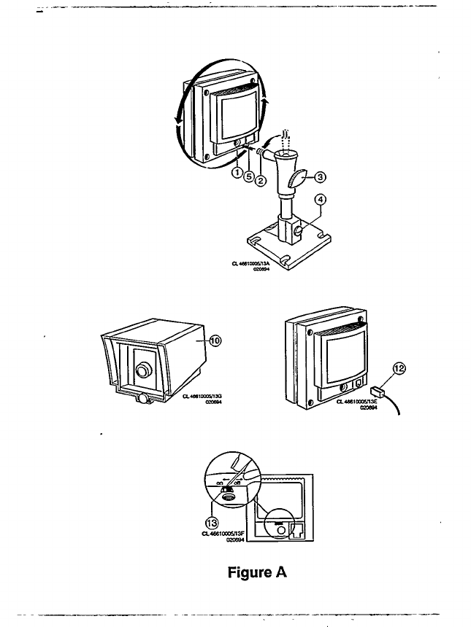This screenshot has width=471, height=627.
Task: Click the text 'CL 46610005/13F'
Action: pyautogui.click(x=224, y=534)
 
